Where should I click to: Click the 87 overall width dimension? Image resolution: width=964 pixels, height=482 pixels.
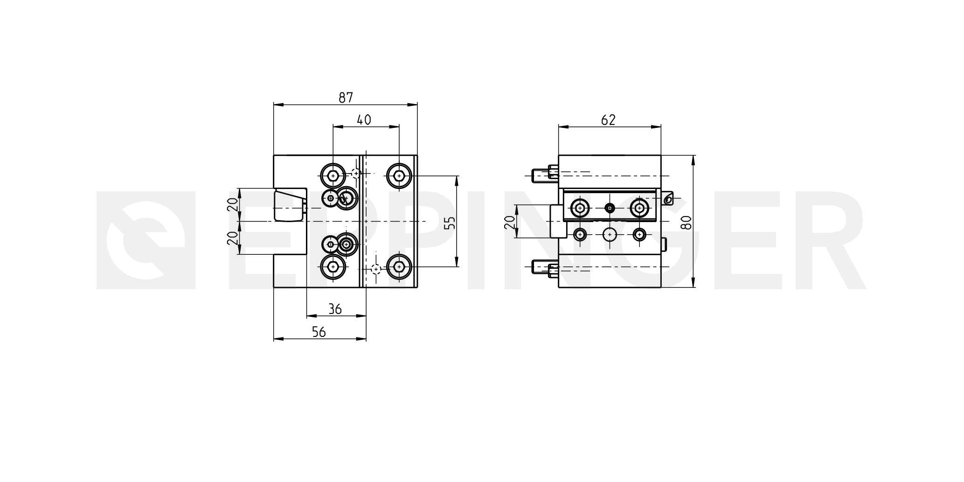coord(346,98)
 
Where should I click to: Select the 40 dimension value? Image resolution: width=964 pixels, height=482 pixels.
coord(364,120)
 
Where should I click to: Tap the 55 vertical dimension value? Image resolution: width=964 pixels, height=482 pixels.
coord(450,222)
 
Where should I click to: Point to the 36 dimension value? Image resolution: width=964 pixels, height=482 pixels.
coord(335,309)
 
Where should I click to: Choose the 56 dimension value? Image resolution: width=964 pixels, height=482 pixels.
coord(319,332)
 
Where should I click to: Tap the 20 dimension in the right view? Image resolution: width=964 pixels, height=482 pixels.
coord(511,222)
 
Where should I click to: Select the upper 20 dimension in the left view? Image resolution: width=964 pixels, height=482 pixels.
coord(232,204)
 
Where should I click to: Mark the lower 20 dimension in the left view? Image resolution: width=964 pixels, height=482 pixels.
coord(232,238)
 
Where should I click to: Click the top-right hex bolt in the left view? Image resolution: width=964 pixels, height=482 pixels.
coord(399,176)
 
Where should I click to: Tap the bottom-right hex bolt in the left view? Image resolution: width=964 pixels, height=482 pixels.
coord(399,267)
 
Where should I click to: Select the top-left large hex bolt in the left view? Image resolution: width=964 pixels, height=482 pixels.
coord(333,176)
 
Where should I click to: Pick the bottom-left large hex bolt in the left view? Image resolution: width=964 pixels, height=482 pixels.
coord(333,267)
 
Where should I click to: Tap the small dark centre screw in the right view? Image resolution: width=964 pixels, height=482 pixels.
coord(609,208)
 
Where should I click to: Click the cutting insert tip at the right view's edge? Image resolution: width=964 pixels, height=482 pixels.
coord(668,198)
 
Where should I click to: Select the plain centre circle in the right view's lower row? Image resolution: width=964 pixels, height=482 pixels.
coord(609,234)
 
